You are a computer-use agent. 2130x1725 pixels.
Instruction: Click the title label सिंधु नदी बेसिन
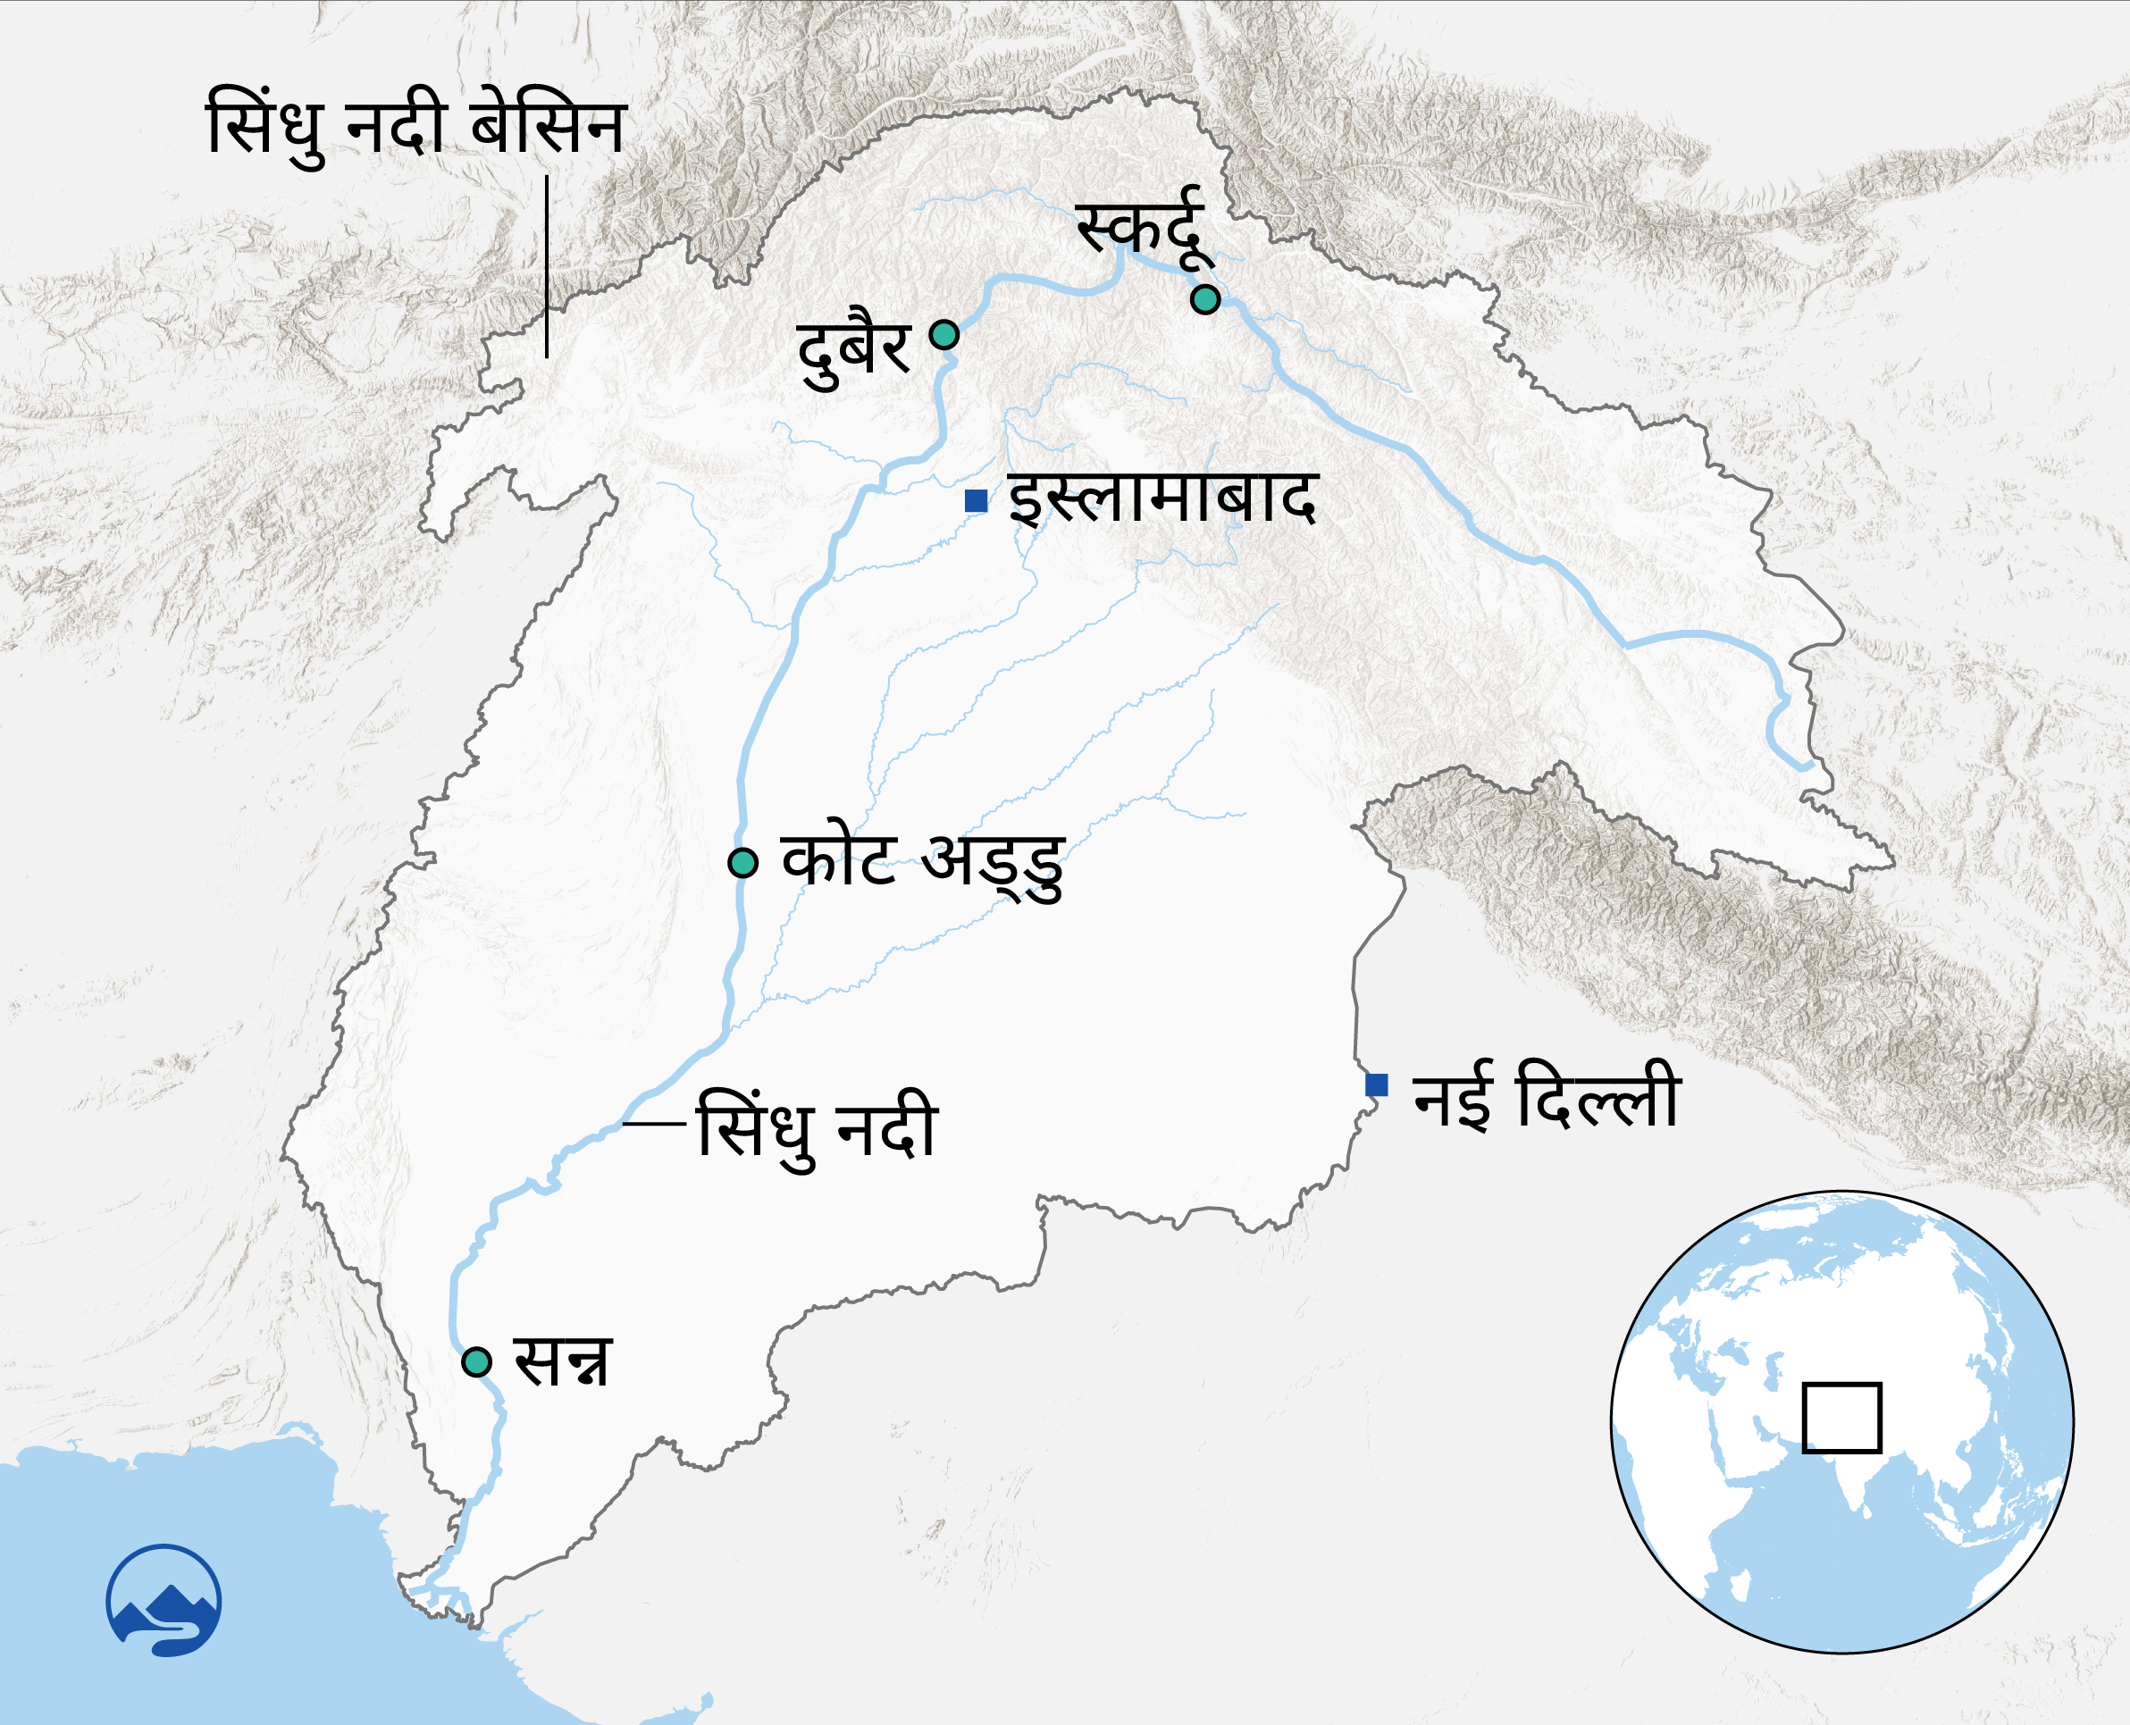[x=415, y=127]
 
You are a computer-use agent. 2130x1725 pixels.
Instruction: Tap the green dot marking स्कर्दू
[x=1204, y=299]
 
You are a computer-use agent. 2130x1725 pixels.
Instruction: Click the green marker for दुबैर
[x=943, y=334]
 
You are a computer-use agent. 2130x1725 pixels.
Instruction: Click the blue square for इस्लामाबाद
[x=976, y=501]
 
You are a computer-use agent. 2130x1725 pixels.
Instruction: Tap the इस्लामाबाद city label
[x=1163, y=498]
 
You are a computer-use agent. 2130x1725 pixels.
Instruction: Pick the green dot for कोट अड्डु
[x=742, y=863]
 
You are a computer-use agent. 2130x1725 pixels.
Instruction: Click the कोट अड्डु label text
[x=923, y=863]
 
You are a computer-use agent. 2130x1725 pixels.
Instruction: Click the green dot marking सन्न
[x=477, y=1361]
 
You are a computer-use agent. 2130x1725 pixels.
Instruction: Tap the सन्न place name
[x=562, y=1361]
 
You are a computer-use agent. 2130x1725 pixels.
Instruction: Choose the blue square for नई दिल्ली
[x=1377, y=1085]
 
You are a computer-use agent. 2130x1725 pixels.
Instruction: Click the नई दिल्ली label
[x=1547, y=1096]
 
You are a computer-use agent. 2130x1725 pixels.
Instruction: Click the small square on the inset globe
[x=1841, y=1418]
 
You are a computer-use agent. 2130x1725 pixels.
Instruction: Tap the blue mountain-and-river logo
[x=164, y=1600]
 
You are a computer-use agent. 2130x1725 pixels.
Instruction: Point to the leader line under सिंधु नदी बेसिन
[x=547, y=266]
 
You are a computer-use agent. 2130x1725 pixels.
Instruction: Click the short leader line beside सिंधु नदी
[x=654, y=1124]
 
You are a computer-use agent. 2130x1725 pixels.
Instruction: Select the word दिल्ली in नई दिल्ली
[x=1598, y=1096]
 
